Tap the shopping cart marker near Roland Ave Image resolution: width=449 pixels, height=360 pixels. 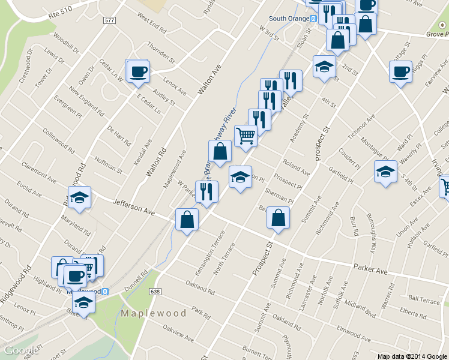coord(246,136)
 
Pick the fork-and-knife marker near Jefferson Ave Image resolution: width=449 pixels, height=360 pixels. coord(206,192)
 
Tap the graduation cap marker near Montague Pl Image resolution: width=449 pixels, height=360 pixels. coord(385,172)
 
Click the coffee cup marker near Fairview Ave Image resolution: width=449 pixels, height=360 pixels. coord(400,72)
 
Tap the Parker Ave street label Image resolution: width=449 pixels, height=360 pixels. coord(370,270)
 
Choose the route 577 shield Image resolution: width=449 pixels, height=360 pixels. coord(109,20)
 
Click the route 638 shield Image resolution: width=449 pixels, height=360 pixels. coord(155,291)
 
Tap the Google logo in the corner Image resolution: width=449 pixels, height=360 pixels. coord(21,350)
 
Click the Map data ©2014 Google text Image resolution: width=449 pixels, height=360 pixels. coord(412,356)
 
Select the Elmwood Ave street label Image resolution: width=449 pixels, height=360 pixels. coord(354,330)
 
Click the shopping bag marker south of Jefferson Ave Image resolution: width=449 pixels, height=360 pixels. coord(187,219)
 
